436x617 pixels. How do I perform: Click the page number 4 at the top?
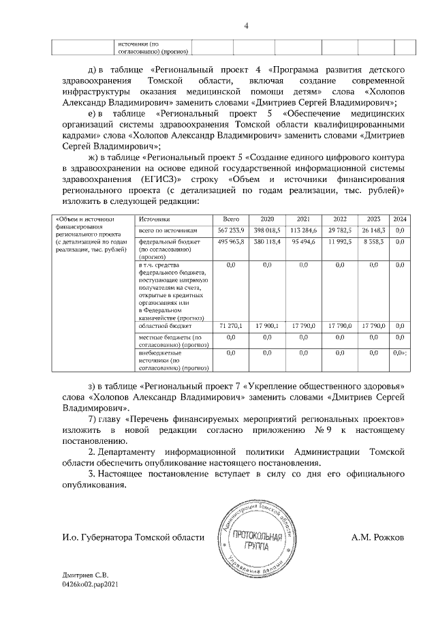pyautogui.click(x=247, y=26)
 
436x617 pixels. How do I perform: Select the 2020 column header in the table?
pyautogui.click(x=267, y=219)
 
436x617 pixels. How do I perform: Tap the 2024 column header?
pyautogui.click(x=401, y=219)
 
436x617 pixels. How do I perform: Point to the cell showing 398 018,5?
pyautogui.click(x=267, y=230)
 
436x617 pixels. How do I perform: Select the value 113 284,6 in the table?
pyautogui.click(x=303, y=230)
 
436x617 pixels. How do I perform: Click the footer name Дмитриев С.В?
pyautogui.click(x=84, y=576)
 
